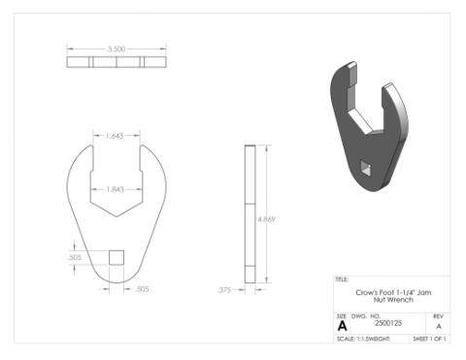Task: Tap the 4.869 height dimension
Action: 266,219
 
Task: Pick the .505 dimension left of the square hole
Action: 75,257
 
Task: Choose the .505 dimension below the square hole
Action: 142,288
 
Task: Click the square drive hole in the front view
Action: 116,257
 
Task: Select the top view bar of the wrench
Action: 116,62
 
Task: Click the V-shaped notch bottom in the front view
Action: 116,215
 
